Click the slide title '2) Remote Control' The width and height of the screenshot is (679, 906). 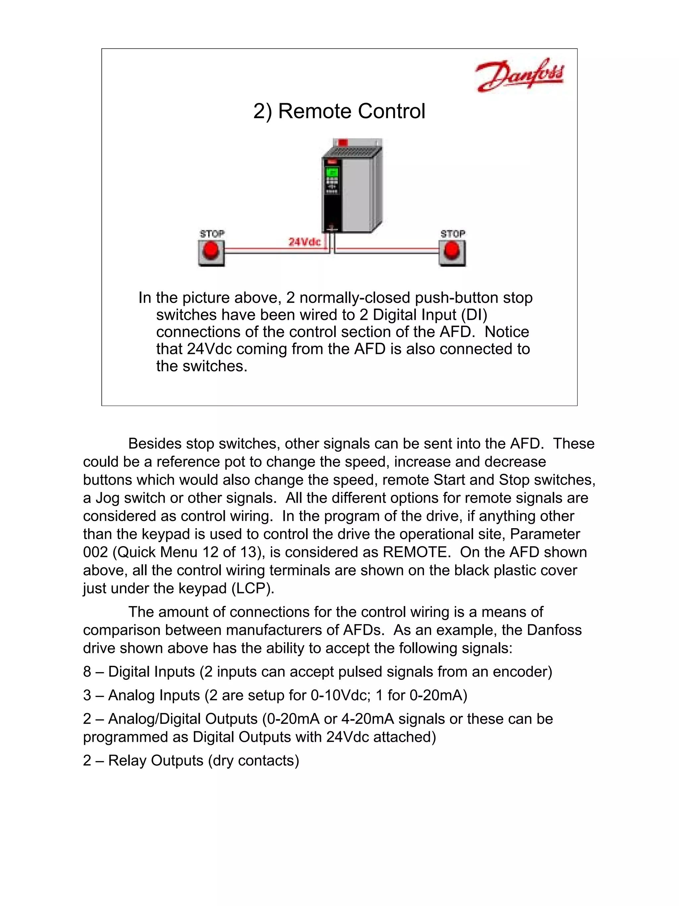339,111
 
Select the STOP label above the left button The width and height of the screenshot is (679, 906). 212,234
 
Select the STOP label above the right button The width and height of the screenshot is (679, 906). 453,234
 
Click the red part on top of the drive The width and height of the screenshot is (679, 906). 343,143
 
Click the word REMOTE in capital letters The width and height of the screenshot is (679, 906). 414,552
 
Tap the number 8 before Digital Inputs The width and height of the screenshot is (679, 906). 87,672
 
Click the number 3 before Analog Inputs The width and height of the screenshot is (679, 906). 87,695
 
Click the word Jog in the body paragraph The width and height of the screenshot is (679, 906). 107,498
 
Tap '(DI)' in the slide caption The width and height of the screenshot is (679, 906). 474,314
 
